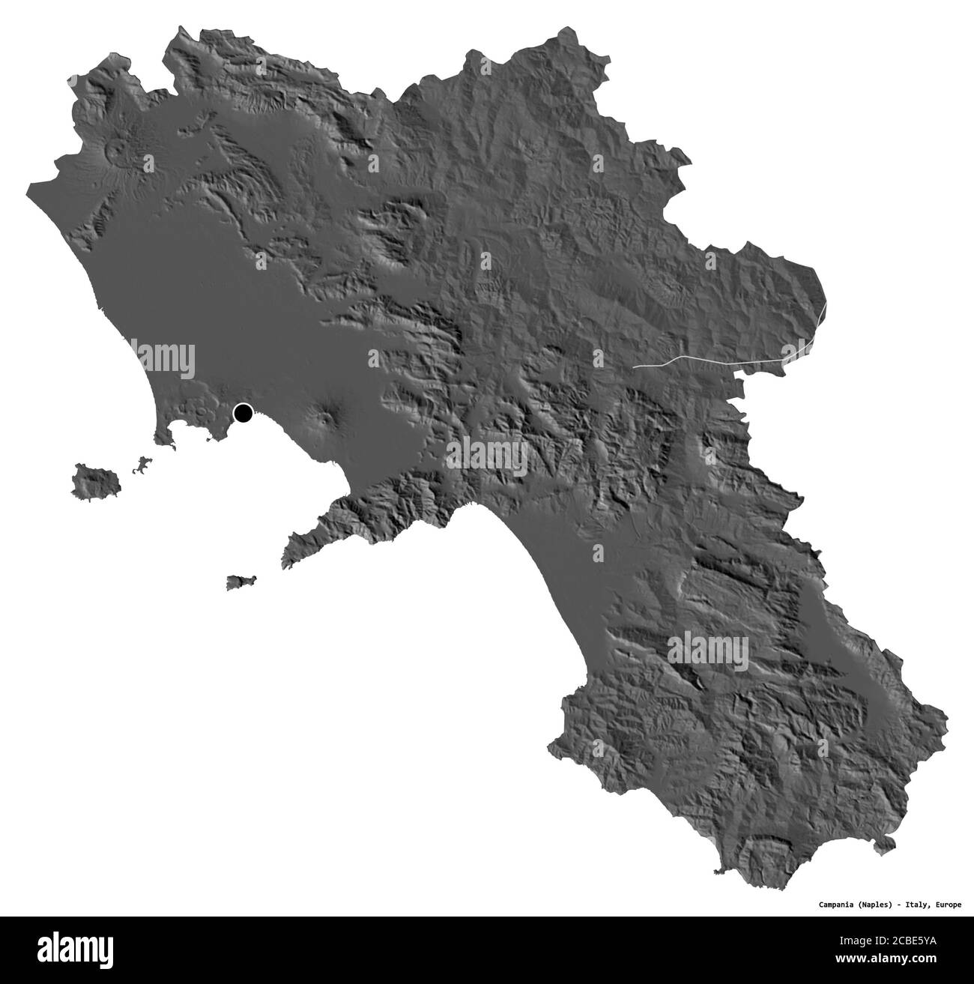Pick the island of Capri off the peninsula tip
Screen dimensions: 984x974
tap(241, 582)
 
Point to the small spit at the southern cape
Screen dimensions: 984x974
tap(721, 871)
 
